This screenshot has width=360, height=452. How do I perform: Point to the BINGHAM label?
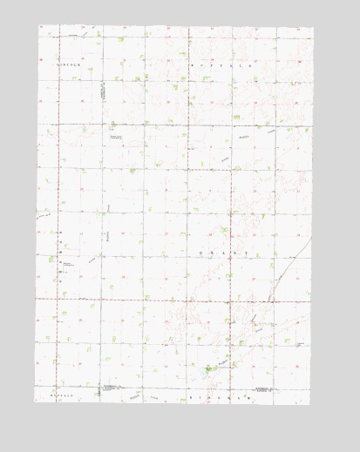click(x=214, y=398)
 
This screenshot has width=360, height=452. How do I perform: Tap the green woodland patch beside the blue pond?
click(x=213, y=368)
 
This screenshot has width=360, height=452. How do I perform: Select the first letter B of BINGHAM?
click(x=191, y=398)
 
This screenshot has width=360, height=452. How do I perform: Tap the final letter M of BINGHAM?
click(x=236, y=398)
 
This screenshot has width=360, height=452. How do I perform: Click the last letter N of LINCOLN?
click(x=80, y=65)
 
